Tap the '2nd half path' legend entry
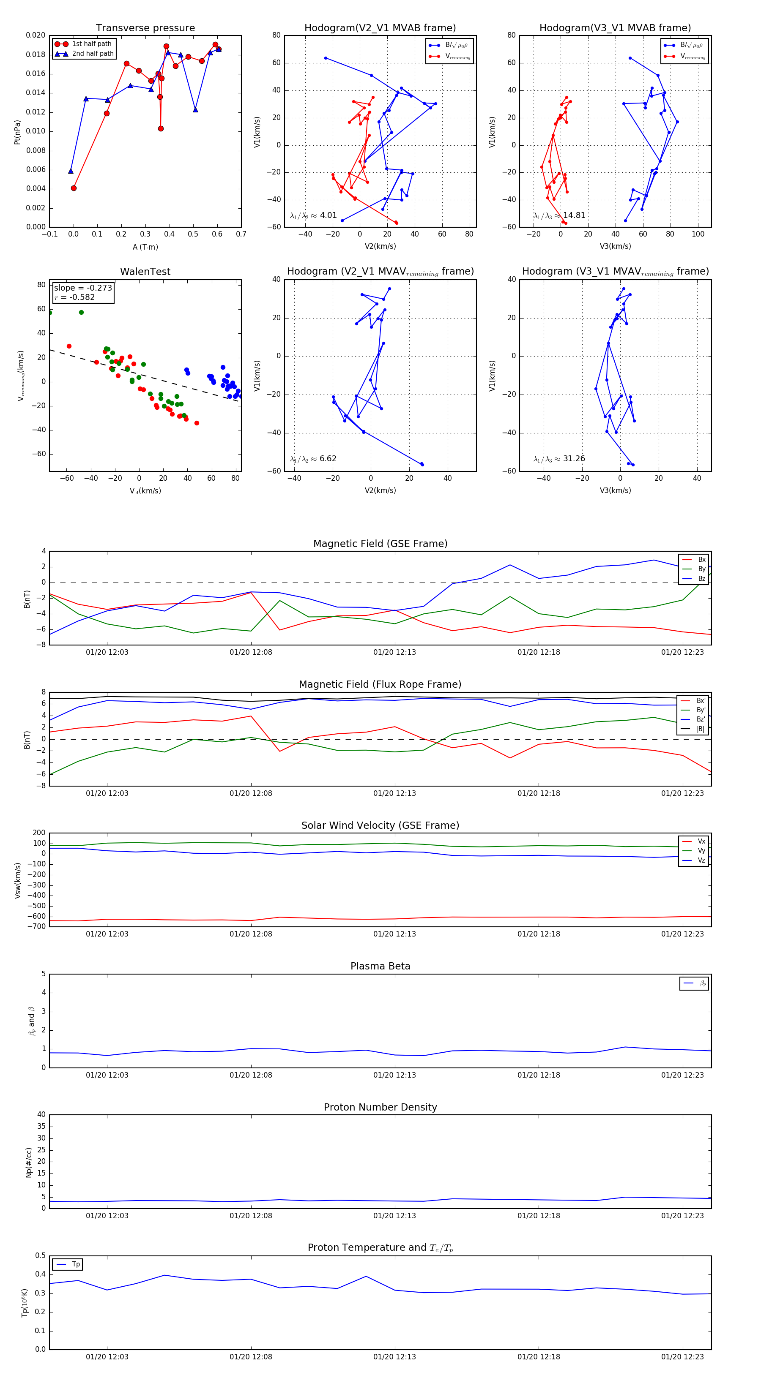point(93,54)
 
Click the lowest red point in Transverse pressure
point(74,188)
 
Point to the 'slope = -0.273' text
point(83,288)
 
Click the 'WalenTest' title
point(145,272)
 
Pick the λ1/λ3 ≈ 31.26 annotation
point(559,459)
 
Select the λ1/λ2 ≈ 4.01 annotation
point(313,215)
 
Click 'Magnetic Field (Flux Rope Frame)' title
point(380,685)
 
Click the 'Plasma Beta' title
point(380,967)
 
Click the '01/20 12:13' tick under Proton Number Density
point(394,1216)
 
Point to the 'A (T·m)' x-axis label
point(145,247)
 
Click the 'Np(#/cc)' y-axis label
point(29,1163)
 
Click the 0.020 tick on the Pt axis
point(35,35)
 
